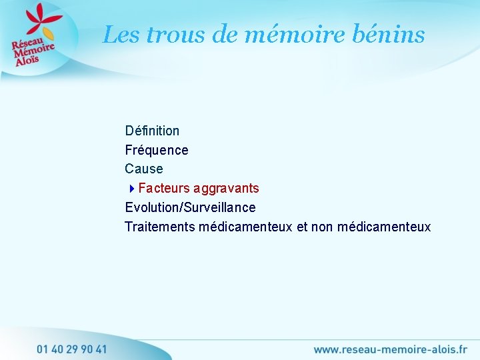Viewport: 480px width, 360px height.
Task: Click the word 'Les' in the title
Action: [x=121, y=35]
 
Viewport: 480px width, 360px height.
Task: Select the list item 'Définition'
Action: [x=152, y=131]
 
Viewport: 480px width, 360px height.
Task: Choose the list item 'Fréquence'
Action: [x=157, y=150]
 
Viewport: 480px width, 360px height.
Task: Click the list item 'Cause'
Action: [x=144, y=169]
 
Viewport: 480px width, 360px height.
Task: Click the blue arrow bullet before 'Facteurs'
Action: [x=132, y=189]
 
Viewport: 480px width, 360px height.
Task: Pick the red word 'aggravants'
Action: [x=227, y=189]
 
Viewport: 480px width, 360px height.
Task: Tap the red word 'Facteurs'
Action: [x=164, y=189]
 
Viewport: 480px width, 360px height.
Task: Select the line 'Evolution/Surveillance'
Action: [x=190, y=207]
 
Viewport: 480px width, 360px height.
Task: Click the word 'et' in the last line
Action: [x=302, y=227]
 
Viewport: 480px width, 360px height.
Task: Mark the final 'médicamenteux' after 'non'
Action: [x=384, y=227]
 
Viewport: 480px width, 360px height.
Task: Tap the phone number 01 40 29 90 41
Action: [x=72, y=349]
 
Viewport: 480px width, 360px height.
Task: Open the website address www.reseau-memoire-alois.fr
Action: [x=390, y=349]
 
